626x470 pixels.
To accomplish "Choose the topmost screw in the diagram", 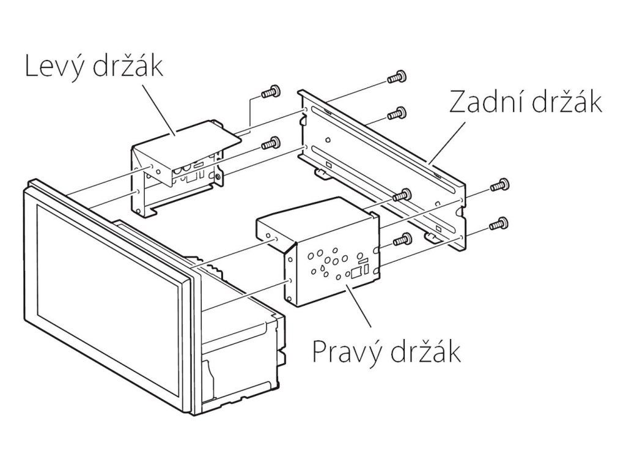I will [x=397, y=76].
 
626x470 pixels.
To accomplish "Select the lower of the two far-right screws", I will [x=499, y=223].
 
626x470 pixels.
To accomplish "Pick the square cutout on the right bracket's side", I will [x=355, y=274].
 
